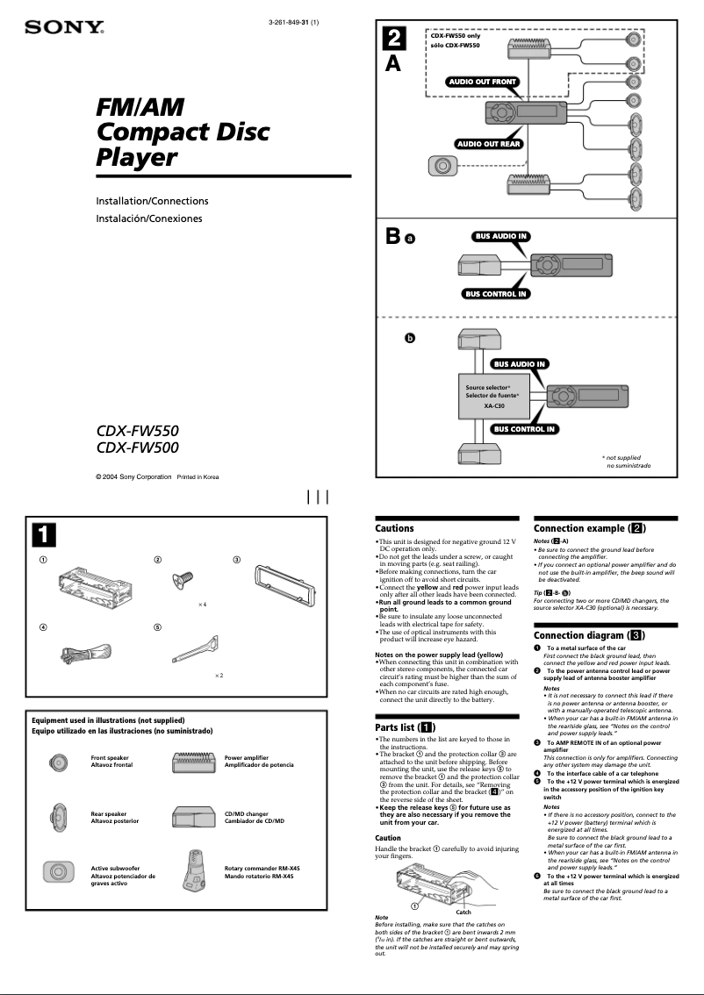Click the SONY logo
[x=63, y=28]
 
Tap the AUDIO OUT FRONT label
[x=482, y=82]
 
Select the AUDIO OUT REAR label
[x=488, y=143]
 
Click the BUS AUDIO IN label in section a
[x=500, y=236]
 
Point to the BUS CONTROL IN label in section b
[x=523, y=429]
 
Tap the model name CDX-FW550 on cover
[x=137, y=432]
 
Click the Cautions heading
[x=394, y=528]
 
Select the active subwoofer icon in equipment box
[x=58, y=871]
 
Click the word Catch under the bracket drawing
[x=463, y=912]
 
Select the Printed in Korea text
[x=198, y=476]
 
